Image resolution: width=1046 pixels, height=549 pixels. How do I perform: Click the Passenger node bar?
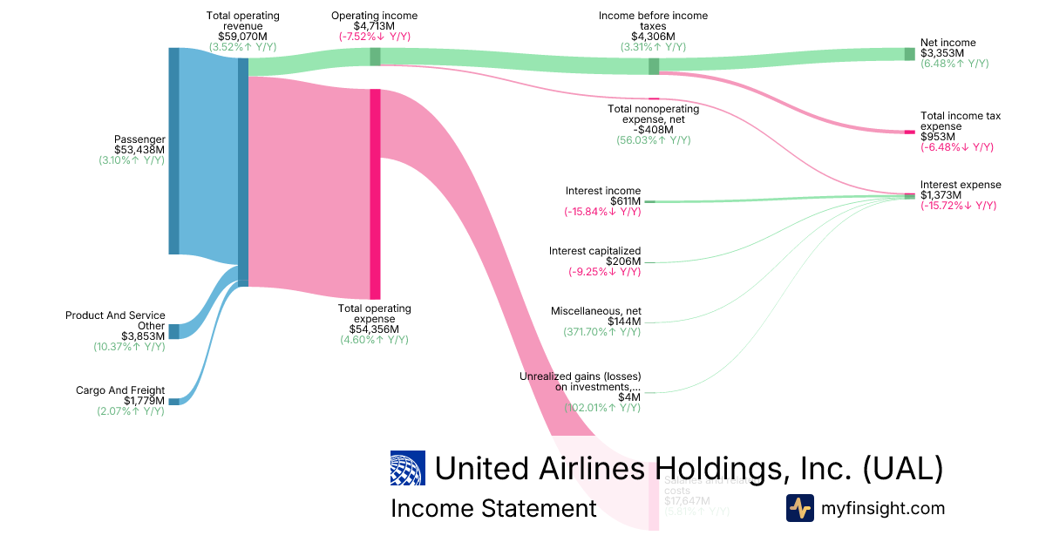173,151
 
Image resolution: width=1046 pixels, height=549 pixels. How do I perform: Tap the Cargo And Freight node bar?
173,401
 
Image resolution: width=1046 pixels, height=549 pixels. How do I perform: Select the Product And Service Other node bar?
173,331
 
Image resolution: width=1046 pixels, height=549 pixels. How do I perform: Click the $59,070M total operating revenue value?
243,37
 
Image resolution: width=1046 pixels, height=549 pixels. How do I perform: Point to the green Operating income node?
375,57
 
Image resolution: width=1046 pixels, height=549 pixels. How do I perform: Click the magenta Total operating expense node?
375,193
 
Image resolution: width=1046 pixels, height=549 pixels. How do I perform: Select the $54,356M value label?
374,329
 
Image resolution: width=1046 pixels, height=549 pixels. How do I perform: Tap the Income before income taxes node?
653,66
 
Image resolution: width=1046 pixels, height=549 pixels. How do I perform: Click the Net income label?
948,43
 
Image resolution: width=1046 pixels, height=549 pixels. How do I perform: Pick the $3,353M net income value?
942,53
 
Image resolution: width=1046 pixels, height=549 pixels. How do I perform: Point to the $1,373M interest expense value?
942,195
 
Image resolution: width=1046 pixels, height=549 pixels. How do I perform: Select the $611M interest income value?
625,201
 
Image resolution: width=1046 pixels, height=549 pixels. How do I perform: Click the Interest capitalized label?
594,251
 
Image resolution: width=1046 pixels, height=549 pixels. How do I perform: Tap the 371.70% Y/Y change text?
601,332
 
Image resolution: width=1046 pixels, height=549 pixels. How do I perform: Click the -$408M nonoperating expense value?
653,130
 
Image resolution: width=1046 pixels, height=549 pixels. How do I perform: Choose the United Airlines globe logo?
408,468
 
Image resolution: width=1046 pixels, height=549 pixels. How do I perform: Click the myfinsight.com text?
883,508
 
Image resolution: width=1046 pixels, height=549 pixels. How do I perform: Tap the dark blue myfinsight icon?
799,508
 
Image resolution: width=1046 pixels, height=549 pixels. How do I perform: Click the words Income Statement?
493,508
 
